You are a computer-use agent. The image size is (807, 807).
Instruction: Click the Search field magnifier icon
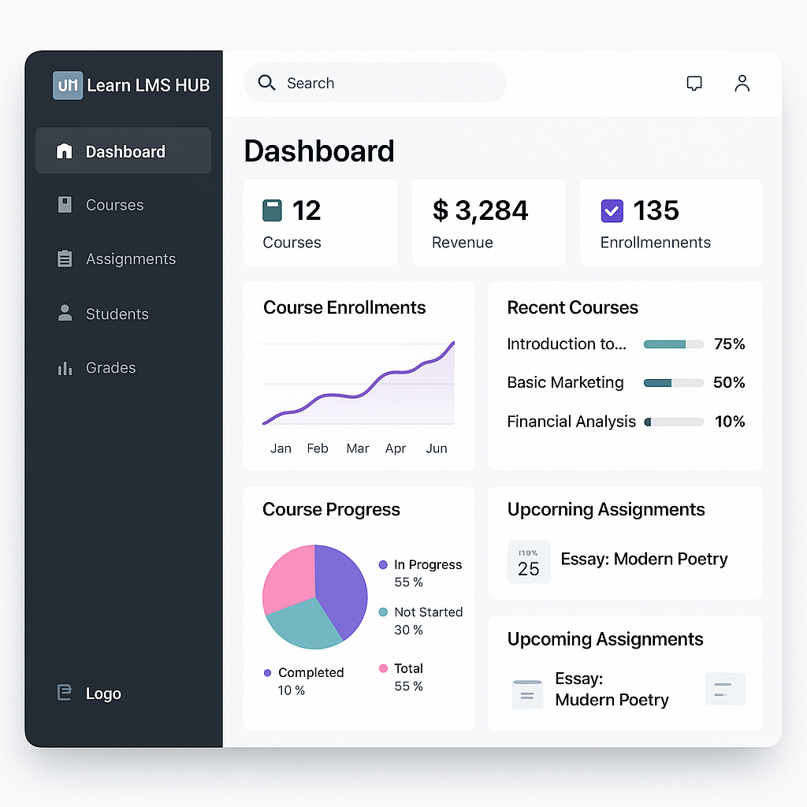[267, 83]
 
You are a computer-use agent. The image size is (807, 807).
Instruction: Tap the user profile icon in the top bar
[742, 84]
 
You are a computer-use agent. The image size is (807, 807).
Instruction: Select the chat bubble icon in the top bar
[694, 84]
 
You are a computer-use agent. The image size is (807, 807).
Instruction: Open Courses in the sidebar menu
[114, 205]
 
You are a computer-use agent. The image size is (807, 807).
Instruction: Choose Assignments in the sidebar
[130, 259]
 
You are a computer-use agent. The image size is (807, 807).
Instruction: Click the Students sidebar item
[117, 314]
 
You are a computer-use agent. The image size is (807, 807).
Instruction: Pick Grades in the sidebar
[110, 368]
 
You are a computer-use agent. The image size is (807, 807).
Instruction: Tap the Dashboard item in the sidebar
[125, 151]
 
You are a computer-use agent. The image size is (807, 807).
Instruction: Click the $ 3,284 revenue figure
[480, 210]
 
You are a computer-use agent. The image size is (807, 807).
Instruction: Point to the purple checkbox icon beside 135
[612, 210]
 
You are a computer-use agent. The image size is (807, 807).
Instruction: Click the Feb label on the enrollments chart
[318, 448]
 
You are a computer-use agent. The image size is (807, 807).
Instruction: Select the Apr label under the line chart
[396, 448]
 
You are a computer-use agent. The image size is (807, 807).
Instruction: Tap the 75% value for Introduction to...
[729, 344]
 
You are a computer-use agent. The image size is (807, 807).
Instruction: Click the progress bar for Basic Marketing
[673, 383]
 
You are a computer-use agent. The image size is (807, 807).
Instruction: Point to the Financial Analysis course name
[571, 422]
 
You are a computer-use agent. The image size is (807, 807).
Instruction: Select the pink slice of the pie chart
[288, 577]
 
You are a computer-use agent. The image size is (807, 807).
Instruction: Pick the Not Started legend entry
[428, 612]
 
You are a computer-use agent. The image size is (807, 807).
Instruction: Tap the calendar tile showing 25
[529, 562]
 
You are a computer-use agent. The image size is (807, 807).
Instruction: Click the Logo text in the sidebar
[103, 694]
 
